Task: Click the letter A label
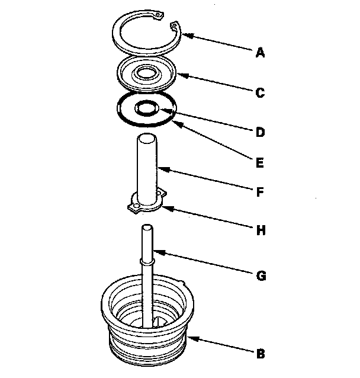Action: tap(261, 53)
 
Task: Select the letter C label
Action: tap(261, 93)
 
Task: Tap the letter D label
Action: tap(261, 132)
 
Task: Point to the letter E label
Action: tap(260, 162)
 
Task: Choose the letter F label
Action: tap(260, 192)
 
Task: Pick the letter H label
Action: tap(261, 230)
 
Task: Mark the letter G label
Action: tap(261, 276)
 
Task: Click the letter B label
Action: tap(261, 354)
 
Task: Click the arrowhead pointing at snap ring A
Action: tap(187, 35)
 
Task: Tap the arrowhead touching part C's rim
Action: tap(182, 75)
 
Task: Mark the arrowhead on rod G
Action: tap(159, 252)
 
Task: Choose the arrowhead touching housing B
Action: tap(193, 338)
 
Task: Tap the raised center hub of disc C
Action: tap(146, 73)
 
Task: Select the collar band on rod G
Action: tap(147, 261)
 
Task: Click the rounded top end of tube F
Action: tap(146, 138)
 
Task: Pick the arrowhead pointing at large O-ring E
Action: tap(178, 124)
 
